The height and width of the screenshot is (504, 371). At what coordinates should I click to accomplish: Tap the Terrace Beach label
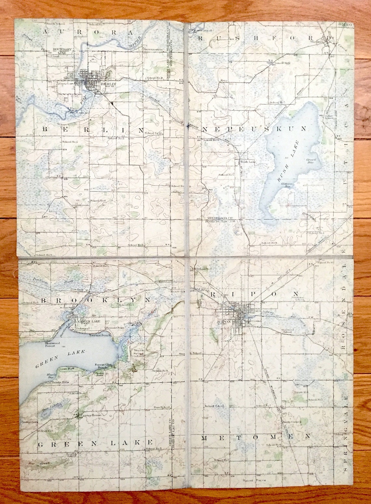(99, 335)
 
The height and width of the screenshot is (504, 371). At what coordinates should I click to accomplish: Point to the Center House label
(91, 415)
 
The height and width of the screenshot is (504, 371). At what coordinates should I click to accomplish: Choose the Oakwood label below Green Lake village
(82, 329)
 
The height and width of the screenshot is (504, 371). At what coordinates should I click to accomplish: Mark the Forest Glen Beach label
(103, 366)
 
